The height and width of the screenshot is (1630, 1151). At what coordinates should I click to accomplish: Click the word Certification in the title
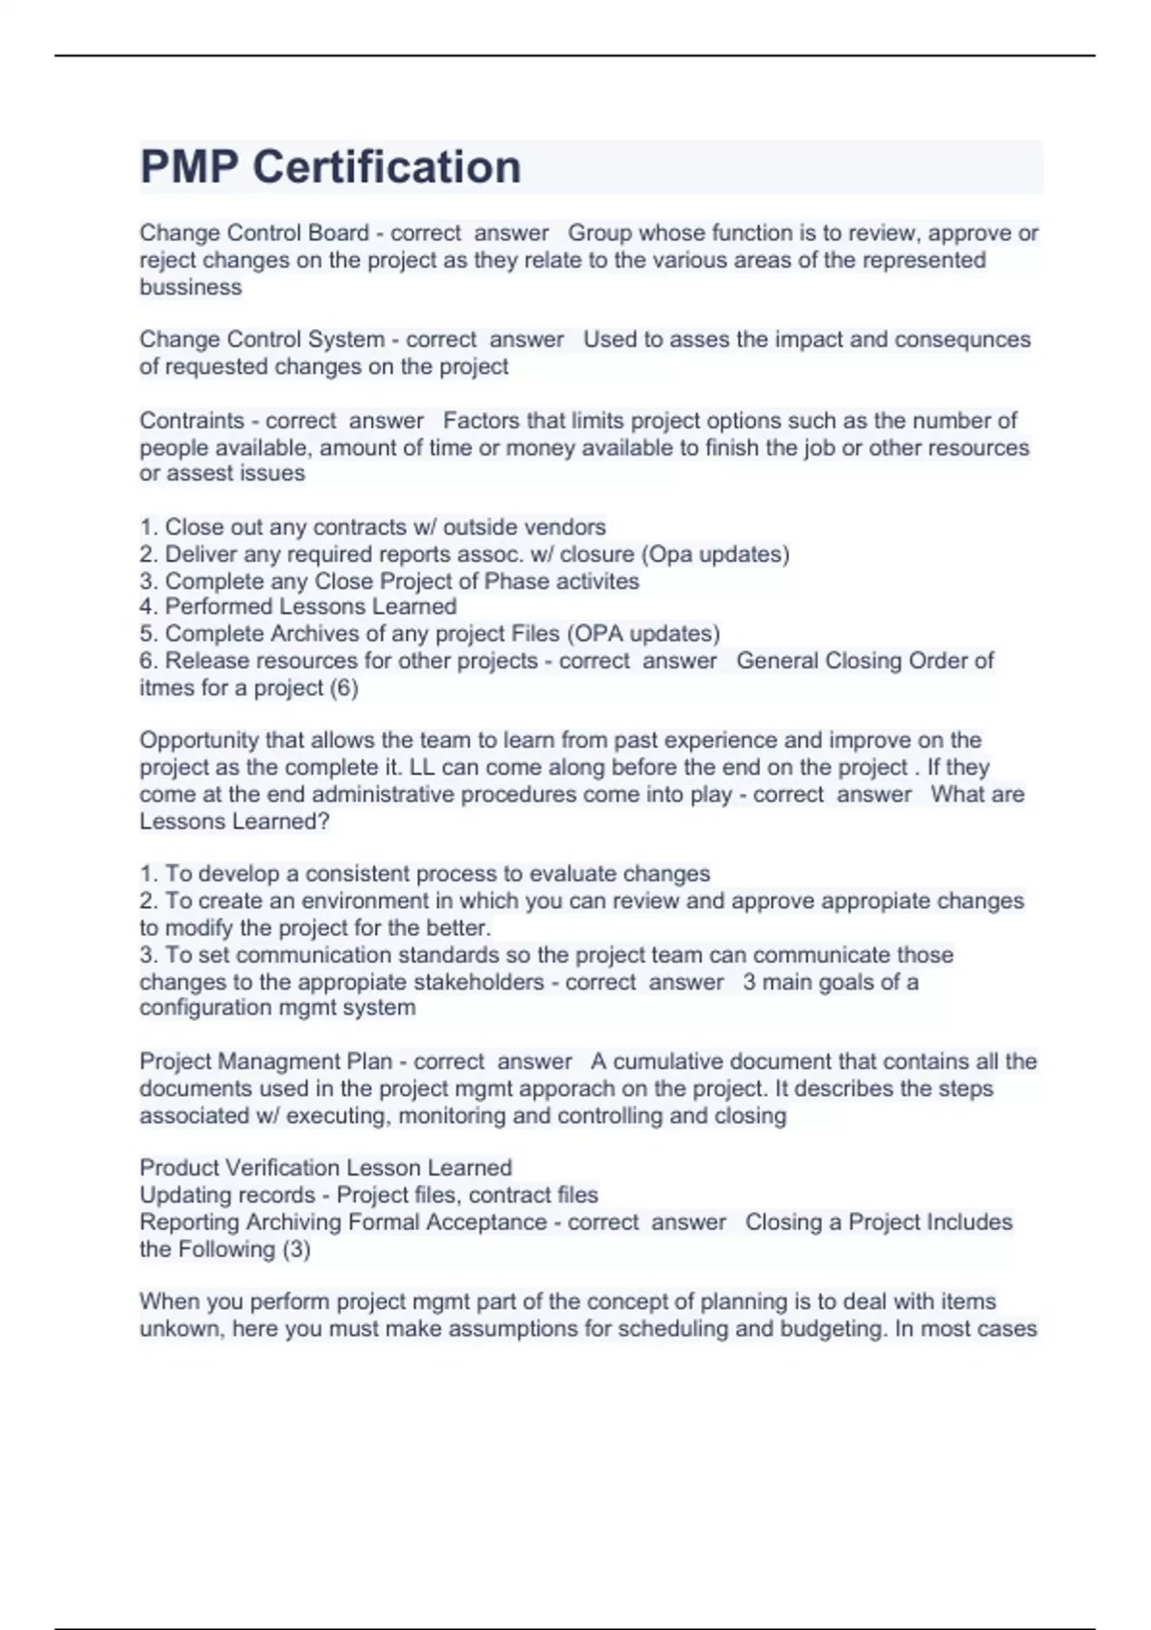(387, 167)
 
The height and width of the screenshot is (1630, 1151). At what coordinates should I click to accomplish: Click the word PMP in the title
(189, 167)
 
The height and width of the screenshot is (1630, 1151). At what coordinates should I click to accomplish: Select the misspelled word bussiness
(191, 288)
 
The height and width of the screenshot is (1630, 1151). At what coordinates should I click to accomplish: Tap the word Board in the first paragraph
(339, 233)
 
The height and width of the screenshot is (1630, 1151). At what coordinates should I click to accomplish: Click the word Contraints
(192, 421)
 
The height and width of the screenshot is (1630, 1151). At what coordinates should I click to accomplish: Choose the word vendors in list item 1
(573, 527)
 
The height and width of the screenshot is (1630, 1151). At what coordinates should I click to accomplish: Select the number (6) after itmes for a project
(343, 688)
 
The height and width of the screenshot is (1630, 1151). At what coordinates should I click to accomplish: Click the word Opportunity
(200, 740)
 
